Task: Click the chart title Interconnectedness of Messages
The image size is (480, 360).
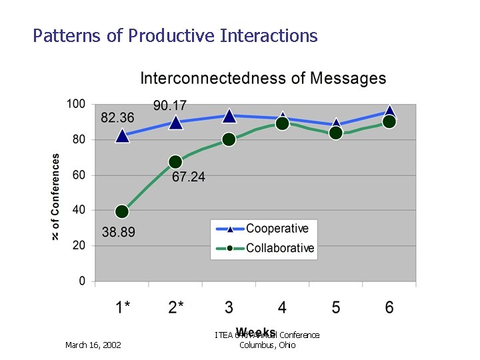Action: tap(263, 79)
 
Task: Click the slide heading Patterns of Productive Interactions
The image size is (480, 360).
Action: tap(175, 35)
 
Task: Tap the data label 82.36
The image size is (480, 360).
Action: tap(117, 118)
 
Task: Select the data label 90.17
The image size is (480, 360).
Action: tap(170, 105)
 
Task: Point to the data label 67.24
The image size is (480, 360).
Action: tap(189, 177)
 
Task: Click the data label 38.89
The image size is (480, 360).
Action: tap(119, 233)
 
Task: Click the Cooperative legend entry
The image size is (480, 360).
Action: tap(277, 229)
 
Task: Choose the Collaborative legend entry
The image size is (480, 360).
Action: tap(279, 248)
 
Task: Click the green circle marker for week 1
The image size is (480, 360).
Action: tap(122, 212)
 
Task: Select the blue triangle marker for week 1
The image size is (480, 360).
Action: tap(122, 136)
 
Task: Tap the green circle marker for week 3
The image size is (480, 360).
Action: tap(229, 139)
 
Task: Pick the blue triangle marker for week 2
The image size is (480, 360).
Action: tap(175, 122)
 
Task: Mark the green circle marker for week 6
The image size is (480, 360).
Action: tap(389, 121)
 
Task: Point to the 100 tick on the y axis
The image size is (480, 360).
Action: tap(76, 104)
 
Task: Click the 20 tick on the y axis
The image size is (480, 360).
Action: tap(79, 245)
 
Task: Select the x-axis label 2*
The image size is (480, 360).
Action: tap(176, 307)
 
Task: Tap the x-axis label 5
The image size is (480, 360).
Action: tap(335, 307)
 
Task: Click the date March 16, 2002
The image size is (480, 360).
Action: tap(93, 345)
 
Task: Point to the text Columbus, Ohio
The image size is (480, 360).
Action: tap(267, 345)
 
